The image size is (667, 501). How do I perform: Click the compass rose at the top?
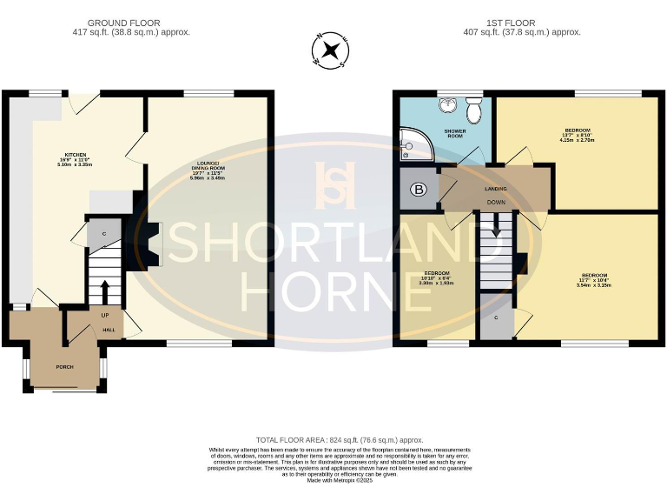(x=331, y=50)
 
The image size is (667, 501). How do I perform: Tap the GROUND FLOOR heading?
(x=131, y=22)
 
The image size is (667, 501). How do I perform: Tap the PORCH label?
(x=65, y=366)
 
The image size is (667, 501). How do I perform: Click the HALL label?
(x=109, y=330)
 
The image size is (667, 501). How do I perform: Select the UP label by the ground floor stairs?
(x=105, y=314)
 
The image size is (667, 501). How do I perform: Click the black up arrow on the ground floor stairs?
(x=105, y=291)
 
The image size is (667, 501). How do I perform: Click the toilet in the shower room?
(x=474, y=110)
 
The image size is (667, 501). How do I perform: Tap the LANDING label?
(x=496, y=188)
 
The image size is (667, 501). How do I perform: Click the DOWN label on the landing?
(x=496, y=202)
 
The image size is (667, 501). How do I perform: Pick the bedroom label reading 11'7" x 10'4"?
(x=594, y=279)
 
